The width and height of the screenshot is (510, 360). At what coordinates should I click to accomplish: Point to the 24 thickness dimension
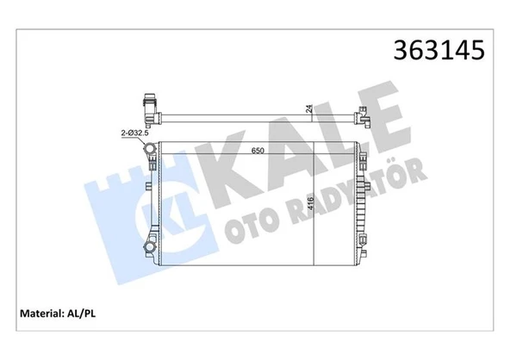coord(308,109)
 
